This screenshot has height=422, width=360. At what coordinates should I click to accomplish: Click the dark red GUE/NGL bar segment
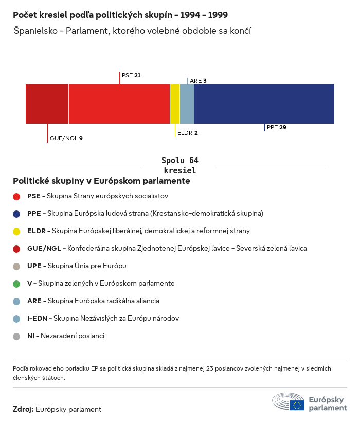point(47,104)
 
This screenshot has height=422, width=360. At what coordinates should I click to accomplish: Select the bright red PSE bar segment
point(119,104)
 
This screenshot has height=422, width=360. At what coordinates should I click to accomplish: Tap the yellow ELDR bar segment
point(175,104)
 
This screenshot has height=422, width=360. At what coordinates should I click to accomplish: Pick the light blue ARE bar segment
point(187,104)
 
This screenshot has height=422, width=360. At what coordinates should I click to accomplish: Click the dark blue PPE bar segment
point(264,104)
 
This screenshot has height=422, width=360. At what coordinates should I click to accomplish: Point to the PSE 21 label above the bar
point(131,75)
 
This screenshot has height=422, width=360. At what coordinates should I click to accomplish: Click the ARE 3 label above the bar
point(198,81)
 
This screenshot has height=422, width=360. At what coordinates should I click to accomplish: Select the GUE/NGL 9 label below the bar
point(66,138)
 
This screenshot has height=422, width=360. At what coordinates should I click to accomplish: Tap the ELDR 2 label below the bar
point(187,133)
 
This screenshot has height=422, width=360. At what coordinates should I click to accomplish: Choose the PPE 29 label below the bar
point(276,127)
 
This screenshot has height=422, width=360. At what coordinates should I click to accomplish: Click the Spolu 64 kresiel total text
point(179,165)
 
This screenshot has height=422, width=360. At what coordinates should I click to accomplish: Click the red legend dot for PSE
point(16,196)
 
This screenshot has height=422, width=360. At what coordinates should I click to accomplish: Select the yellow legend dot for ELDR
point(16,231)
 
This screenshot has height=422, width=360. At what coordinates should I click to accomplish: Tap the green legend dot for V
point(16,284)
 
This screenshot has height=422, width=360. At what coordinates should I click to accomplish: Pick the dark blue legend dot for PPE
point(16,214)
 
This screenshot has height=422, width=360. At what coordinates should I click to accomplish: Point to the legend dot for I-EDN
point(16,319)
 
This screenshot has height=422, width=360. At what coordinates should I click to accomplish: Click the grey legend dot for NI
point(16,336)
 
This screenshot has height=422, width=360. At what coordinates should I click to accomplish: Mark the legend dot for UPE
point(16,266)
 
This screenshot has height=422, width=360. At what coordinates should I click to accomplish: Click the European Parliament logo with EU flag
point(310,401)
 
